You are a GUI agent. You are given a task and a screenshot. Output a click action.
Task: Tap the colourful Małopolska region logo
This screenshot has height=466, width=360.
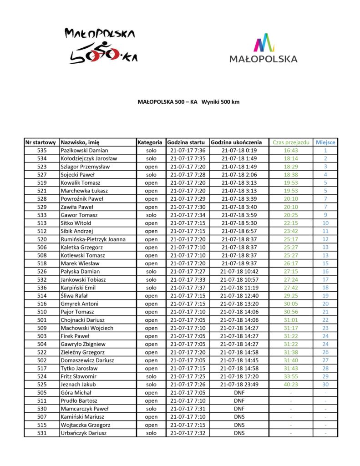pos(264,48)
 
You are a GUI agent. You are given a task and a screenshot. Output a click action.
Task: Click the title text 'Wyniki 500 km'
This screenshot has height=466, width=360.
pos(220,102)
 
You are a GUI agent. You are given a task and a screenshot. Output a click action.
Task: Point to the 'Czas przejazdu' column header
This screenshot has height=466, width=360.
pos(291,142)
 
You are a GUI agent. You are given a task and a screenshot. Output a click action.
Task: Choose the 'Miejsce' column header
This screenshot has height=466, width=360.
pos(325,142)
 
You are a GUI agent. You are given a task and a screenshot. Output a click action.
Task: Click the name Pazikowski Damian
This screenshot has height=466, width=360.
pos(84,151)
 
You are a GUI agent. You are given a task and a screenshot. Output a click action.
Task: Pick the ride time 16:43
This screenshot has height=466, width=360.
pos(291,151)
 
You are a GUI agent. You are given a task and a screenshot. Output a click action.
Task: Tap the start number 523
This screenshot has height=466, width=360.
pos(42,167)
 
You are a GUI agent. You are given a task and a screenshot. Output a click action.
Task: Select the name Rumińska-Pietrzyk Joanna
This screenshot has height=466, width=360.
pos(93,239)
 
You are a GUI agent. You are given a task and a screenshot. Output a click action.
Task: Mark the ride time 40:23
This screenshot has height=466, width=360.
pos(291,385)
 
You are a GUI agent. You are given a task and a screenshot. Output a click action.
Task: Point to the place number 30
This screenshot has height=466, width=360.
pos(325,385)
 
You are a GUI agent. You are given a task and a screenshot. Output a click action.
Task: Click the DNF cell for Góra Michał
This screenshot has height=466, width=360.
pos(239,393)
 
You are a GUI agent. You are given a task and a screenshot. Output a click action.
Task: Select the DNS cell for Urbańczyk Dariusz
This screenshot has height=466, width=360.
pos(239,433)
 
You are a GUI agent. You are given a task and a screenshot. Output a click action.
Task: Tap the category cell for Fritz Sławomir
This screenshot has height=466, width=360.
pos(151,376)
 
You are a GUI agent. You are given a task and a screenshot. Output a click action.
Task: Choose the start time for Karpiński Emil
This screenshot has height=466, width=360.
pos(188,288)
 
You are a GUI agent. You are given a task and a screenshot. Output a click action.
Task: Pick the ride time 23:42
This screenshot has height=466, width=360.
pos(291,231)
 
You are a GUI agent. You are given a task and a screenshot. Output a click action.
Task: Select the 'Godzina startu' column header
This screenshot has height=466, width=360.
pos(188,142)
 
